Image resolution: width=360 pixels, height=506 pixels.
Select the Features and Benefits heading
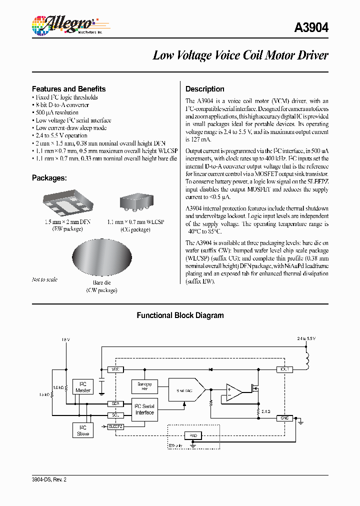point(68,88)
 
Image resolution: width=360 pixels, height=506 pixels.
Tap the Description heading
point(205,89)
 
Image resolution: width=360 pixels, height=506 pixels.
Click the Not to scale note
point(44,279)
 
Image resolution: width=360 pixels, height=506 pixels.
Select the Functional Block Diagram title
point(180,315)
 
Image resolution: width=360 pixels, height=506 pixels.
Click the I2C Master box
point(83,386)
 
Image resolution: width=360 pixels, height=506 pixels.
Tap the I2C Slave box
point(83,430)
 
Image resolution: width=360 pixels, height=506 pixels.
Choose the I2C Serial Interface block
point(144,409)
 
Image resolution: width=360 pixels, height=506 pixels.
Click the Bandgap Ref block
point(144,386)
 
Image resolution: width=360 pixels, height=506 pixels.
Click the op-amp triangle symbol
point(233,391)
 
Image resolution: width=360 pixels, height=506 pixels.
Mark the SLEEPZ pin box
point(115,426)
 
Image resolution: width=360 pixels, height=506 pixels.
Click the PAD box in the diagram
point(194,435)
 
